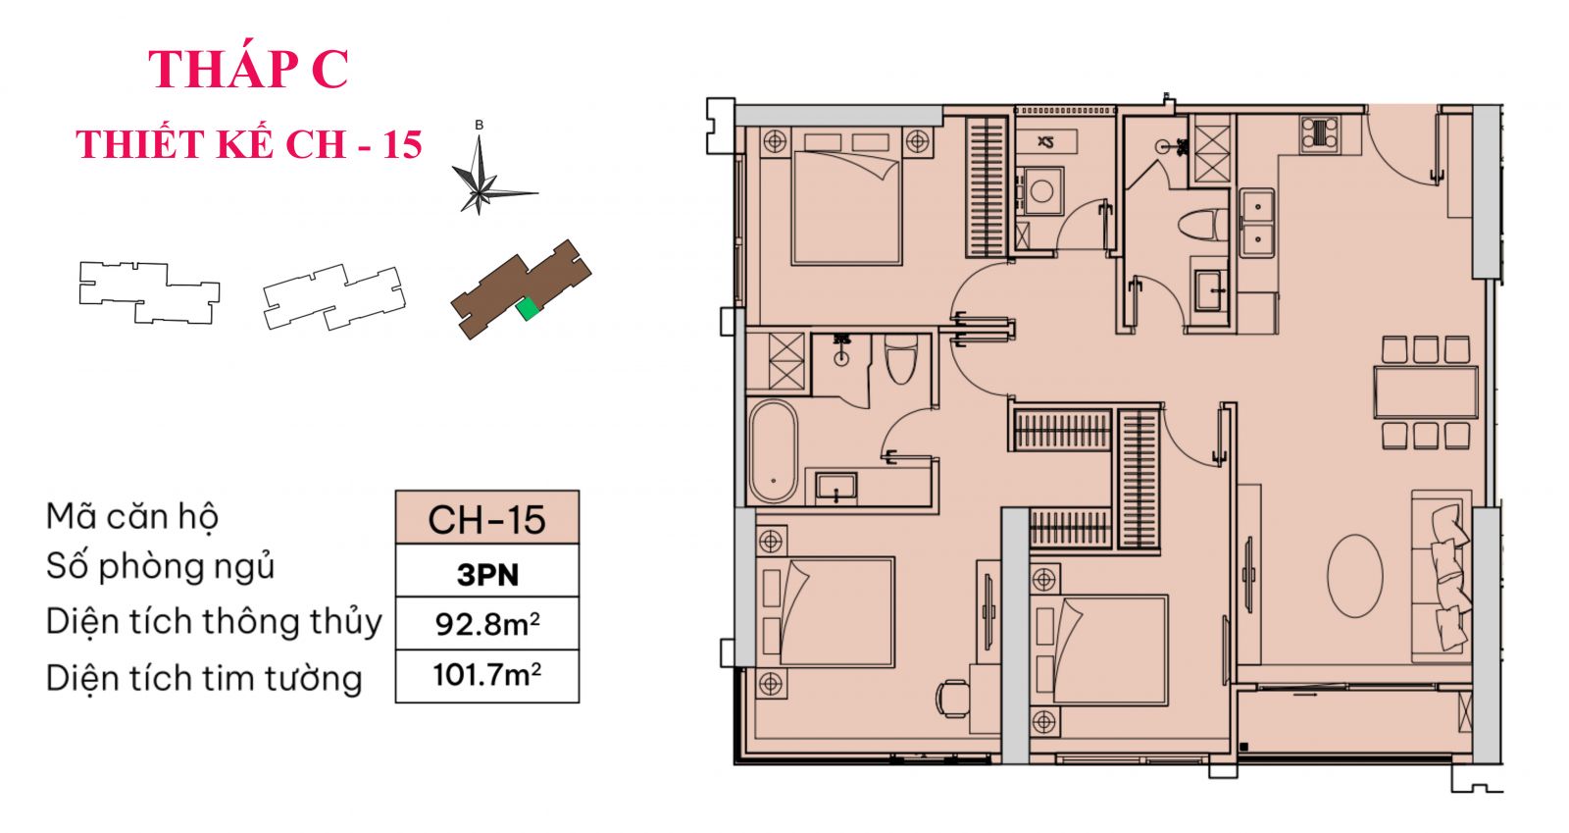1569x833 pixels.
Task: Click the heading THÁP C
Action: [x=248, y=69]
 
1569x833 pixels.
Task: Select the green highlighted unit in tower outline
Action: [x=528, y=309]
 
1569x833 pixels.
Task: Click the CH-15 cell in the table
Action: [x=486, y=519]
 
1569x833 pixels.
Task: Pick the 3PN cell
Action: [x=486, y=572]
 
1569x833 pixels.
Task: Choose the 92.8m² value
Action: [x=486, y=624]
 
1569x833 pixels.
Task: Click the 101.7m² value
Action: [x=486, y=675]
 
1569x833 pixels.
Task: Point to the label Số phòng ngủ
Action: [x=160, y=566]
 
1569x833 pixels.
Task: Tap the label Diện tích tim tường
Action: [x=203, y=678]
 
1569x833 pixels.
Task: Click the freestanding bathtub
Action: [x=773, y=451]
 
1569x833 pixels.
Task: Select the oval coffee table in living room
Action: [x=1354, y=575]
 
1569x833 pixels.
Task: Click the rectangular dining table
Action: [x=1425, y=391]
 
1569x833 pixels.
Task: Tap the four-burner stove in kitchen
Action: [x=1319, y=133]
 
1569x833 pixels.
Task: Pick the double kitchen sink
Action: [x=1256, y=222]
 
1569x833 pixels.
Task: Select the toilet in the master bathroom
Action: [x=900, y=359]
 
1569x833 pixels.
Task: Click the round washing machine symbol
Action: [x=1040, y=190]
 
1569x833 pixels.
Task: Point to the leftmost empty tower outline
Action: [x=148, y=291]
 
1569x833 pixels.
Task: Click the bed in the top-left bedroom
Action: [x=845, y=207]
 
